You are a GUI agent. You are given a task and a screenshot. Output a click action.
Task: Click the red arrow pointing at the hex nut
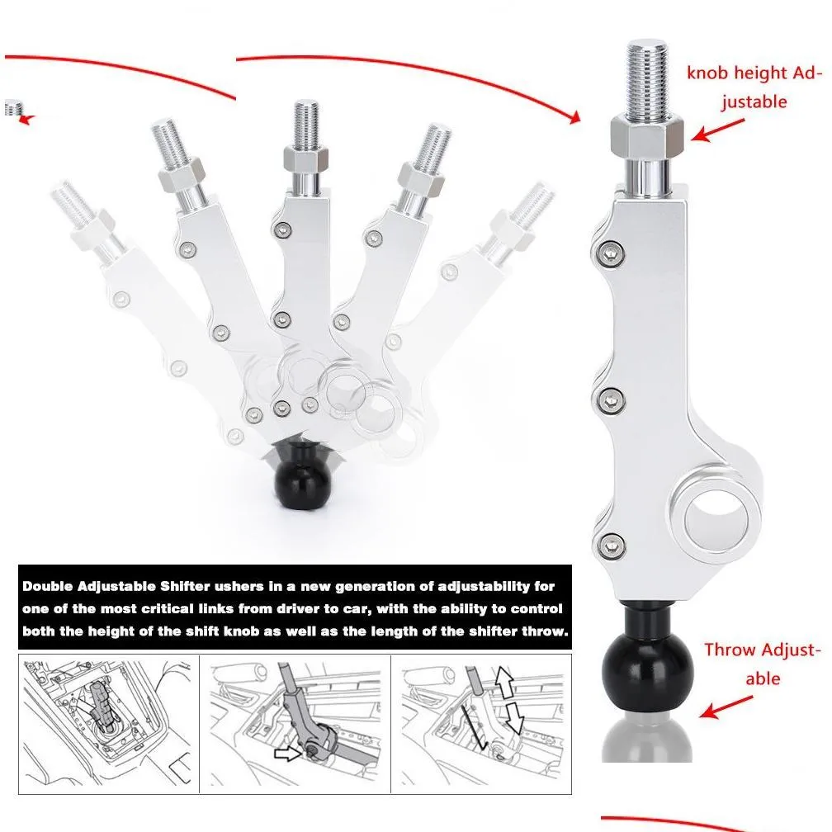click(719, 129)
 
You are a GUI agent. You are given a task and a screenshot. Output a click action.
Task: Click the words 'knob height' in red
click(726, 73)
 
